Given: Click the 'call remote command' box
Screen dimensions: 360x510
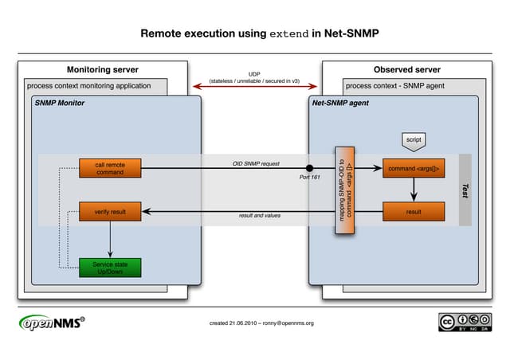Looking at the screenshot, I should pos(110,168).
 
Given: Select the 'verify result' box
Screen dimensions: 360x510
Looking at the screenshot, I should pos(110,211).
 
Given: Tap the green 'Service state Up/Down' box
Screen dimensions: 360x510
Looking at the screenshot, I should pos(110,268).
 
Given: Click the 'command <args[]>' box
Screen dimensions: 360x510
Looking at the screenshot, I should pos(413,168).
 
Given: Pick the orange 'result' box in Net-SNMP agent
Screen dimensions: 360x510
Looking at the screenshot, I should pos(413,211).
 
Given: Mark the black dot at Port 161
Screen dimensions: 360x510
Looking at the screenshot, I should pos(310,168).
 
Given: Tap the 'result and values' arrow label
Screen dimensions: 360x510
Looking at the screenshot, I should pos(260,216).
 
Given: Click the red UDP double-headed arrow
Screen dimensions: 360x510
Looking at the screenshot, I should pos(255,87).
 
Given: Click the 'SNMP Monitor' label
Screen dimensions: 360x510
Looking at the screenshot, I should pos(59,103).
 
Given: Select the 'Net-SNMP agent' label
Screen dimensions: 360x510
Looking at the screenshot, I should pos(340,103).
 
